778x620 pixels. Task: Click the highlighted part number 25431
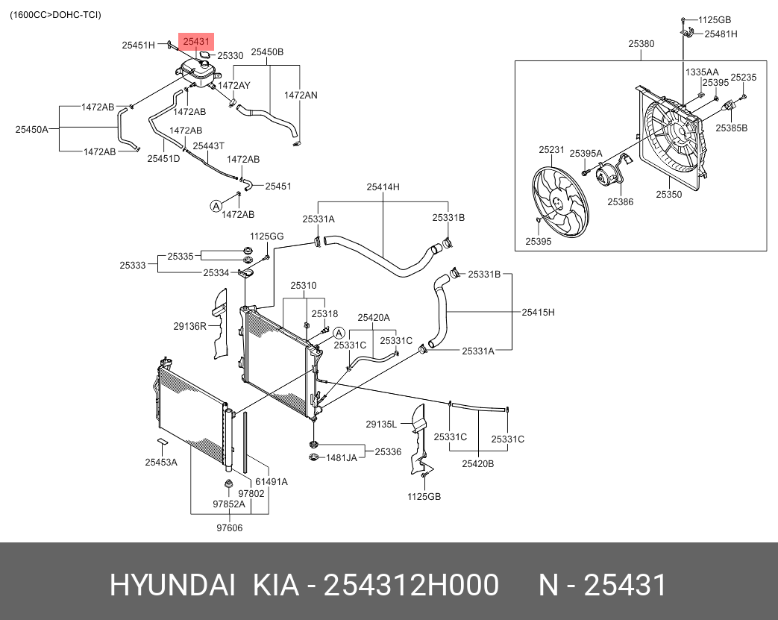[x=197, y=43]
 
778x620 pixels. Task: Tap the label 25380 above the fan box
[x=641, y=44]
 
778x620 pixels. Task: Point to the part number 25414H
[x=383, y=187]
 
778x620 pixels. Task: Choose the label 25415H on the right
[x=538, y=312]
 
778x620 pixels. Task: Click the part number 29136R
[x=190, y=326]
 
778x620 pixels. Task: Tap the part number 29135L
[x=381, y=425]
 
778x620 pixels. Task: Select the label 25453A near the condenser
[x=161, y=462]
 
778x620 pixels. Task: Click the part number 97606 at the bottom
[x=230, y=528]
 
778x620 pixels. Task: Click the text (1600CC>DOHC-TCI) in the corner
[x=55, y=15]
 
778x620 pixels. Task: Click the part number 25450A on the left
[x=31, y=129]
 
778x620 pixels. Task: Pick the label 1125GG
[x=266, y=237]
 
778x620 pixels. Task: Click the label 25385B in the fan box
[x=731, y=128]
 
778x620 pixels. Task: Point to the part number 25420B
[x=477, y=463]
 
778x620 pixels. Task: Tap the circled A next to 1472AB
[x=216, y=205]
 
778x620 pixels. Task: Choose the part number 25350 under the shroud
[x=668, y=194]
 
